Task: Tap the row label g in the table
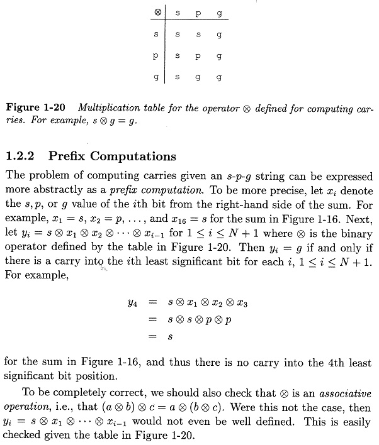tap(156, 79)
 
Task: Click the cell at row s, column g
tap(218, 35)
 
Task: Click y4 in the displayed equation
tap(130, 304)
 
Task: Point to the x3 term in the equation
tap(241, 304)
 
